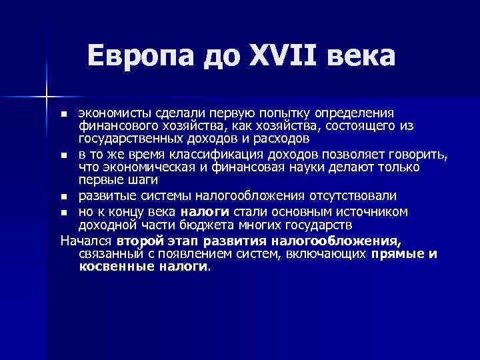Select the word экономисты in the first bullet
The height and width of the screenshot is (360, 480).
(x=115, y=114)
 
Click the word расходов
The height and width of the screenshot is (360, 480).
(x=284, y=139)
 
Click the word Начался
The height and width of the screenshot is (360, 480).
(x=86, y=241)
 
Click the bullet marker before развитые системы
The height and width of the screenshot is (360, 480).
(x=63, y=197)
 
